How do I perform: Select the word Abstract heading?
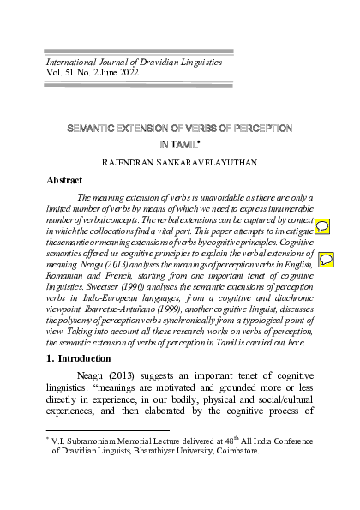pos(69,182)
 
